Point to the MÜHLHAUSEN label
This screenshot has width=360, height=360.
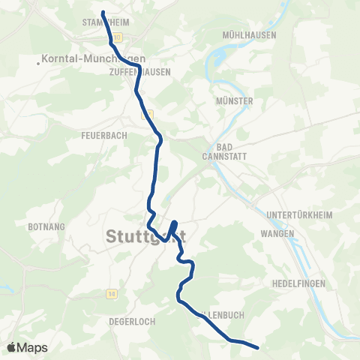[250, 35]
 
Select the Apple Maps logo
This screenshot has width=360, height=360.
[27, 347]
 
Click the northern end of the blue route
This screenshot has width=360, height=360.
[103, 13]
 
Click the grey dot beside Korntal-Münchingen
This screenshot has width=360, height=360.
[39, 62]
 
